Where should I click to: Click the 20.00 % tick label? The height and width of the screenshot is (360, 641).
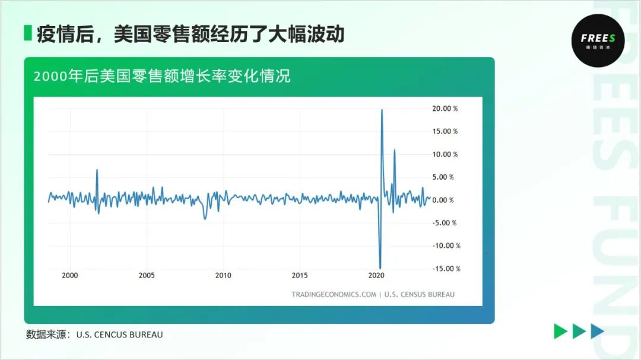[x=445, y=109]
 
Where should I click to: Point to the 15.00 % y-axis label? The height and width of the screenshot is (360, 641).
[x=445, y=132]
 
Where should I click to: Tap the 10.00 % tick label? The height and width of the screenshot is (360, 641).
[x=445, y=154]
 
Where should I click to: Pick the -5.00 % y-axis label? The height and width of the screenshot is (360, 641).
[x=445, y=223]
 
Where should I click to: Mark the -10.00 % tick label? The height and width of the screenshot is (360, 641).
[x=446, y=246]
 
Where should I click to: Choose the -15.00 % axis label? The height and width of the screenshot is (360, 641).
[x=446, y=269]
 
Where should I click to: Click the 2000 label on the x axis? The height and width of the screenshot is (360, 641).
[x=70, y=276]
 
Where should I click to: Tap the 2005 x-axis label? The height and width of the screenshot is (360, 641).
[x=147, y=276]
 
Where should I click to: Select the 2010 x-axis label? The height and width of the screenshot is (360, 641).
[x=223, y=276]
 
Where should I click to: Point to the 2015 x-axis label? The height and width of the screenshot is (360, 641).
[x=300, y=276]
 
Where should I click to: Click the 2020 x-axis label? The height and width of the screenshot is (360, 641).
[x=376, y=276]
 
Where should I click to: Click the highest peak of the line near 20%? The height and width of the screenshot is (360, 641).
[x=382, y=110]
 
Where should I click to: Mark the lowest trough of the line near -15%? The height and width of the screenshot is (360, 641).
[x=380, y=268]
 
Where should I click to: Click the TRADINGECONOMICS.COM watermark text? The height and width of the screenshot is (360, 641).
[x=334, y=294]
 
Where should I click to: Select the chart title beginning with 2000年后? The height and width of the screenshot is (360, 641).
[x=162, y=77]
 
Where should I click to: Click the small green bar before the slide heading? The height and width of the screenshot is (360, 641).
[x=27, y=33]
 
